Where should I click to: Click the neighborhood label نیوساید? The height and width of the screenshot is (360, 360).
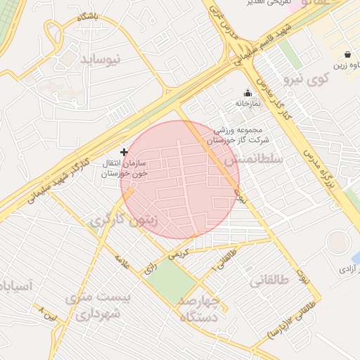coord(101,59)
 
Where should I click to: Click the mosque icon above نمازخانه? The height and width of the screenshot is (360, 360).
coord(247,93)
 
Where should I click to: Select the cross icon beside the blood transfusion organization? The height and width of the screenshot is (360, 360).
coord(124,151)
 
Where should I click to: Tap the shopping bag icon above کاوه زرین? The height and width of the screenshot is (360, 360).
coord(347,54)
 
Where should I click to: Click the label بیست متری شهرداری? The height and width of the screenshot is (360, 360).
coord(98,305)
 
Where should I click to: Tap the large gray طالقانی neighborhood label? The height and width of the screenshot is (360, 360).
coord(269,281)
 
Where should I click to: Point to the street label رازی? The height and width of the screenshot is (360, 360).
coord(150,267)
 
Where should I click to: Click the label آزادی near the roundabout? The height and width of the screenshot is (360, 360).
coord(348,269)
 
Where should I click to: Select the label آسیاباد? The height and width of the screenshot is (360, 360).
coord(15,286)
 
